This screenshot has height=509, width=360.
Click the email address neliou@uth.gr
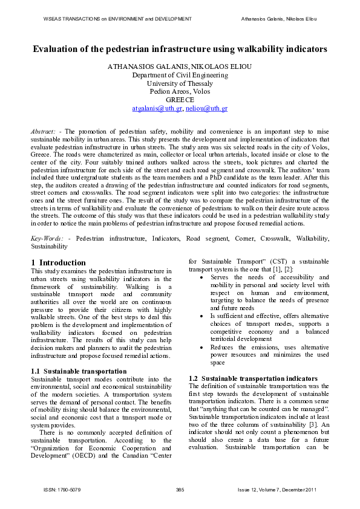[207, 108]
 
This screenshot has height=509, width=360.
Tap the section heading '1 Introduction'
[59, 262]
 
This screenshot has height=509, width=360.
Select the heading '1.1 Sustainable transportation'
[79, 371]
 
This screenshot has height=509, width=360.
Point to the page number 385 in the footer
[180, 488]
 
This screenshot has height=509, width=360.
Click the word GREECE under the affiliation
[180, 100]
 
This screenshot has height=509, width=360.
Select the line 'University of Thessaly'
[180, 83]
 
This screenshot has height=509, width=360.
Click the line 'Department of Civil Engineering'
[180, 75]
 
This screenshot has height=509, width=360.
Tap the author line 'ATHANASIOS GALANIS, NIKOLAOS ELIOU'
[180, 66]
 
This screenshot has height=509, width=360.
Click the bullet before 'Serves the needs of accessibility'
[201, 277]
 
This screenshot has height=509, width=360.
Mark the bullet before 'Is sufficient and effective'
[201, 316]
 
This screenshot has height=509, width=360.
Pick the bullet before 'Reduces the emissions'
[201, 348]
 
